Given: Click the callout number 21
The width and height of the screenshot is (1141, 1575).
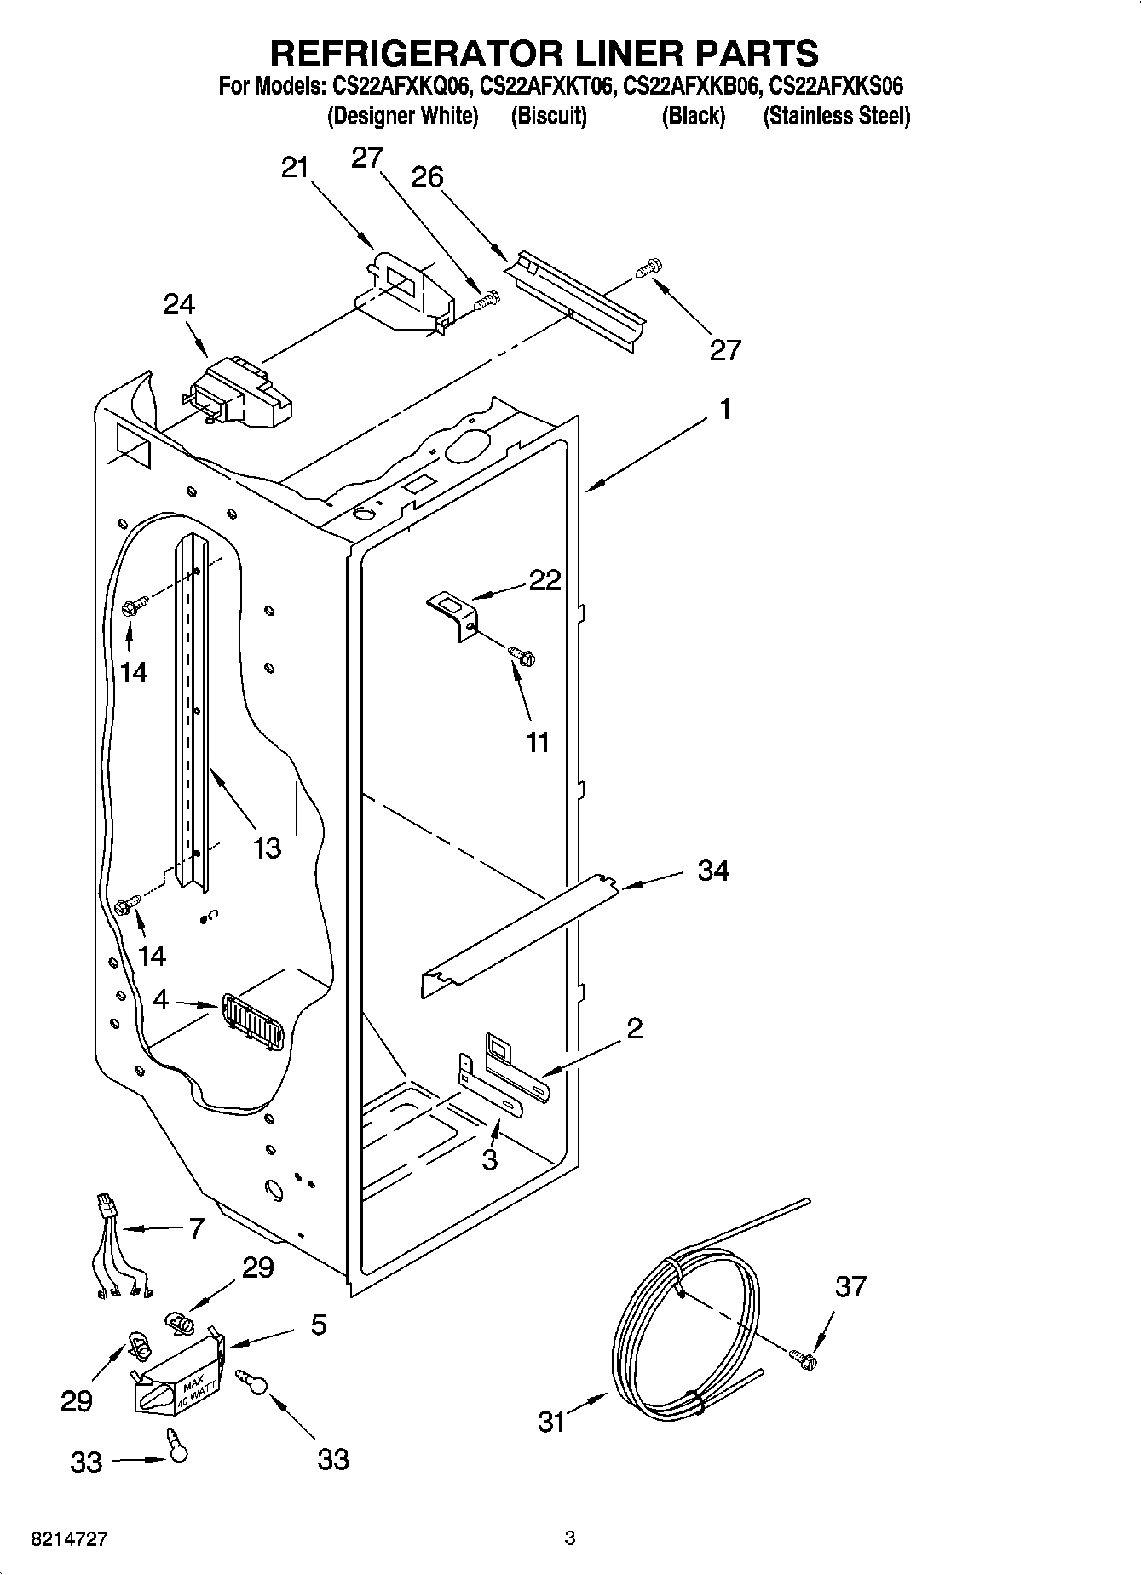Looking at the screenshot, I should (x=295, y=168).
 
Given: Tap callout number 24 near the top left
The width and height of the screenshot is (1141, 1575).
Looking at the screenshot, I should (x=179, y=304).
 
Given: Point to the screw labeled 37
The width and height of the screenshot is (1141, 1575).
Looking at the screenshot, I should (x=803, y=1359).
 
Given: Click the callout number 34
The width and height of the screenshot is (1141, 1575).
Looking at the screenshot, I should (x=713, y=871).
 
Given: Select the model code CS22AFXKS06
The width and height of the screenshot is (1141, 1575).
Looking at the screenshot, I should (x=836, y=86).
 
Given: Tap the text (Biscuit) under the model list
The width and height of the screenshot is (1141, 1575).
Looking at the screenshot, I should (x=549, y=116).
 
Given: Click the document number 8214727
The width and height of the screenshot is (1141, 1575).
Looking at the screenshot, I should (x=69, y=1539).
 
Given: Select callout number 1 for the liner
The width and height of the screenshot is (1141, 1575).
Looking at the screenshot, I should (x=724, y=410).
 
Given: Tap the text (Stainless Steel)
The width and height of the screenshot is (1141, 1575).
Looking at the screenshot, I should (x=836, y=116).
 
